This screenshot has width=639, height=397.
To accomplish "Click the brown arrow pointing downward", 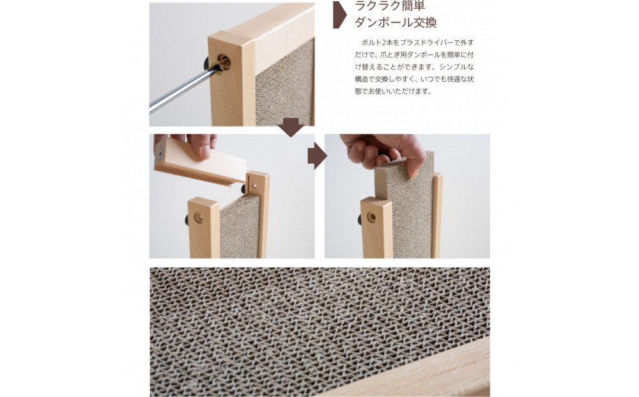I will click(291, 127).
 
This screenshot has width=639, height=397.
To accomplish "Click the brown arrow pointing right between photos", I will click(317, 156).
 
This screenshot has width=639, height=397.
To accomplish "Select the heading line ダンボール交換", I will click(396, 23).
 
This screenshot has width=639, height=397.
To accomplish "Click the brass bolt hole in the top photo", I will click(224, 62).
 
